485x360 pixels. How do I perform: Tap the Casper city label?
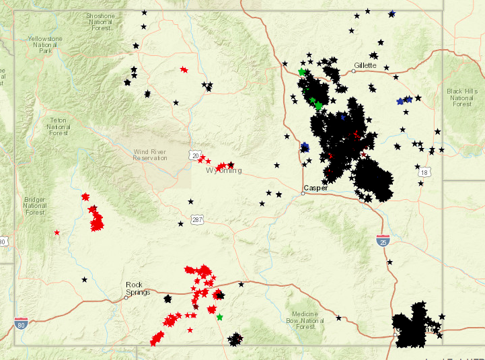click(315, 188)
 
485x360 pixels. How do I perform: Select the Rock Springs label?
click(138, 288)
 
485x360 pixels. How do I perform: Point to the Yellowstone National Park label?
click(45, 44)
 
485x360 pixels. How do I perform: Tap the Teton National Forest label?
click(59, 127)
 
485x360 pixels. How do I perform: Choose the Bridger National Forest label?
click(34, 205)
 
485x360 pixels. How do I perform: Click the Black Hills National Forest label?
click(462, 98)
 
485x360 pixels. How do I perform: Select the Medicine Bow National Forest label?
click(305, 320)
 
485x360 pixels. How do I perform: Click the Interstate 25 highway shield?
click(382, 240)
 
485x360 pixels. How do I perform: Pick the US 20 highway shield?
click(194, 155)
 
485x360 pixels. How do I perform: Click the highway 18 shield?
click(423, 173)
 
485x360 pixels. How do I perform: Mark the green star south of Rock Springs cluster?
click(220, 316)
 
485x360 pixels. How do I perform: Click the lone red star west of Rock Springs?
click(57, 232)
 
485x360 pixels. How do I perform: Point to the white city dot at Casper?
click(303, 193)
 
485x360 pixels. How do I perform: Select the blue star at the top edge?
click(392, 13)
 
